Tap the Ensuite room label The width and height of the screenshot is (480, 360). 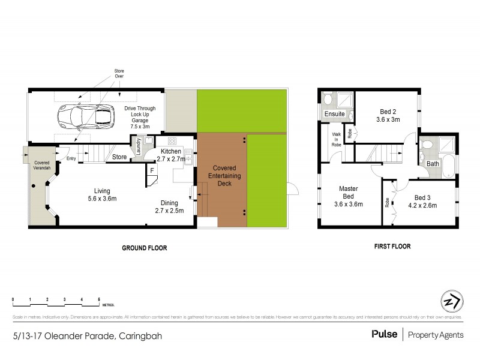334,113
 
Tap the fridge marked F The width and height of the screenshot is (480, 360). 151,171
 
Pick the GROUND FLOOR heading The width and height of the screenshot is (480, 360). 145,247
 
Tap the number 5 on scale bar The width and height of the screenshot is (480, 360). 99,298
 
